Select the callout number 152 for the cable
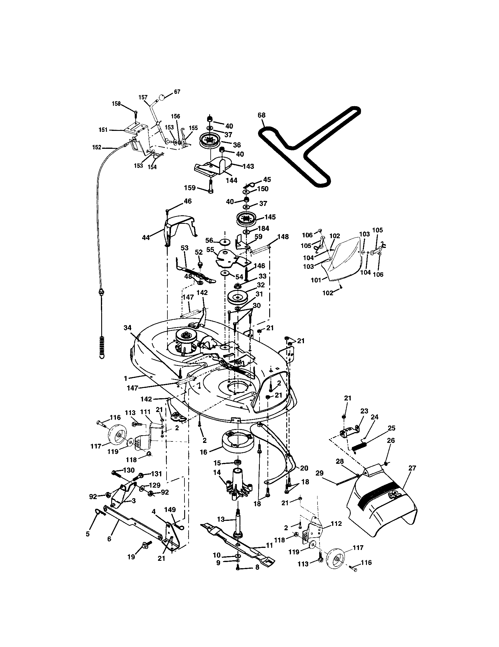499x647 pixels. (97, 147)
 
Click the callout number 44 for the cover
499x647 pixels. (146, 237)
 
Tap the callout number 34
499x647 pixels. (127, 328)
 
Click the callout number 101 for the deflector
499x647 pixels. (316, 280)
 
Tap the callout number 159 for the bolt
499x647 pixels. (190, 188)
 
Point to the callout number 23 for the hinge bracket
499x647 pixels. (364, 411)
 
